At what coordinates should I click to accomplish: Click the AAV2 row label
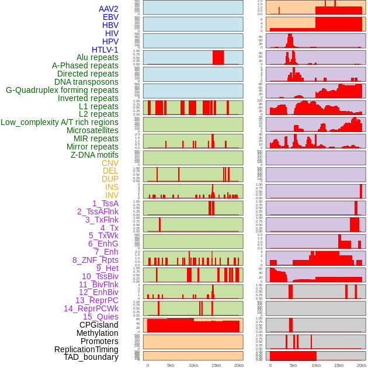tap(109, 9)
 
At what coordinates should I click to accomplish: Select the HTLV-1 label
tap(105, 50)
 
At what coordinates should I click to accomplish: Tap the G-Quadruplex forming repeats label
tap(62, 90)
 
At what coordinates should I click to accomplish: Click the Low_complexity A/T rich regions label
tap(60, 122)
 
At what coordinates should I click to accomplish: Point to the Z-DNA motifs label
tap(95, 155)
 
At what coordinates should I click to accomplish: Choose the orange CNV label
tap(110, 163)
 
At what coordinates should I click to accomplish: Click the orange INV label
tap(112, 195)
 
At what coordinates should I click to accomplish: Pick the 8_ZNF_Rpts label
tap(95, 260)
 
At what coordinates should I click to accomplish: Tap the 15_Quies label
tap(100, 317)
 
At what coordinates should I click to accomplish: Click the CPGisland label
tap(99, 325)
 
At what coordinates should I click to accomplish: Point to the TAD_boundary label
tap(91, 357)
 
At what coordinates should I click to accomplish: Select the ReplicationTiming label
tap(86, 349)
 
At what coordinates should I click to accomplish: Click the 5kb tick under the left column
tap(170, 365)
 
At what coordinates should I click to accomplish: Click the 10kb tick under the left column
tap(193, 365)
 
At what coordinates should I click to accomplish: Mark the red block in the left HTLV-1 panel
tap(218, 57)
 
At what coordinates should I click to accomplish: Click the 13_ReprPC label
tap(96, 300)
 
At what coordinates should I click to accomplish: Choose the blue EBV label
tap(110, 17)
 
